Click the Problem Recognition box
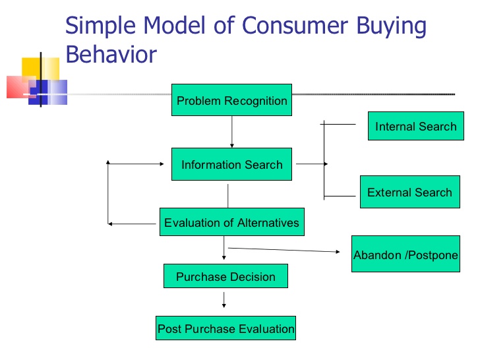(x=231, y=100)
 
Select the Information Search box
(x=231, y=165)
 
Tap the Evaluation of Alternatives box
(x=231, y=222)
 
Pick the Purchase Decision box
(x=225, y=276)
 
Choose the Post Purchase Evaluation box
(x=225, y=328)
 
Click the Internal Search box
(x=415, y=126)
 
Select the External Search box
(x=409, y=193)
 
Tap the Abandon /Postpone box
(x=405, y=255)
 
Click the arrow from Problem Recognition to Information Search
(x=231, y=132)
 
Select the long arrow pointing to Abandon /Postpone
(x=284, y=249)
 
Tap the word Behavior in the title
(x=111, y=54)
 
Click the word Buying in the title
(x=391, y=26)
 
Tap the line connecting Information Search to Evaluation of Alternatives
(x=228, y=195)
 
